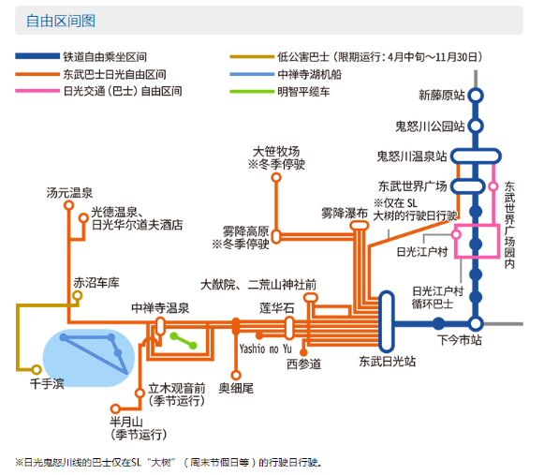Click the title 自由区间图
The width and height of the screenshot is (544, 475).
click(x=61, y=21)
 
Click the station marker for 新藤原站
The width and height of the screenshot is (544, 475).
click(x=476, y=96)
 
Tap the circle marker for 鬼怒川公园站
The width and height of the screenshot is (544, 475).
click(x=476, y=126)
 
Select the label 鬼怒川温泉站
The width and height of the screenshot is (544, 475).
click(x=412, y=156)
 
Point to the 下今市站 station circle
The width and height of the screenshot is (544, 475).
click(x=476, y=323)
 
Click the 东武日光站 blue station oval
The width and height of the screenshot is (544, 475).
click(x=386, y=321)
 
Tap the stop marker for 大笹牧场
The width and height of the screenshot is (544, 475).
click(x=276, y=177)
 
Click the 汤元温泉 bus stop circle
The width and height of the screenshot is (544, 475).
click(x=69, y=205)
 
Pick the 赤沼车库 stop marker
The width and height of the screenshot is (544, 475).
click(x=78, y=296)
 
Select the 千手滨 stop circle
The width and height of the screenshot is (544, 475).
click(x=37, y=369)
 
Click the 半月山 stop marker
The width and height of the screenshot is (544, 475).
click(x=115, y=408)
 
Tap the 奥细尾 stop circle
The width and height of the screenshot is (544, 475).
click(x=236, y=376)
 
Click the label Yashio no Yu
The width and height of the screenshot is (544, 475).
click(x=265, y=349)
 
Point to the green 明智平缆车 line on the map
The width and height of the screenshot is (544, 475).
click(x=184, y=341)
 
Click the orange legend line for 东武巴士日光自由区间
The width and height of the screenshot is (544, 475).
click(x=37, y=74)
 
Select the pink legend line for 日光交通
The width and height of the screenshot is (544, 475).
click(x=37, y=91)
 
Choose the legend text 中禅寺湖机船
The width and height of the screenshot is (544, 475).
click(x=310, y=74)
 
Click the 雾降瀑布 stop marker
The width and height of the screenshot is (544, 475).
click(x=360, y=226)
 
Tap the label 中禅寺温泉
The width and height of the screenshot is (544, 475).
click(x=160, y=308)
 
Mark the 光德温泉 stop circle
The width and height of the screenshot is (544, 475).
click(x=83, y=218)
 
